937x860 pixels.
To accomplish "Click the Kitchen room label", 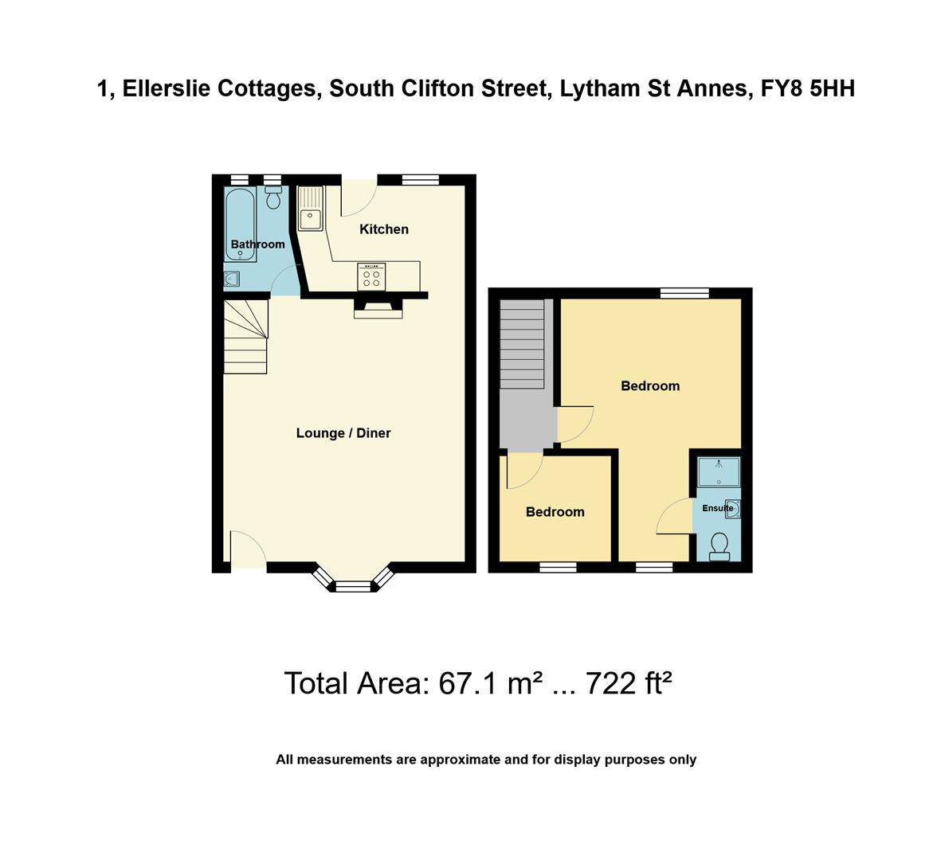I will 384,229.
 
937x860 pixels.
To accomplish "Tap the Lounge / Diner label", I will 343,433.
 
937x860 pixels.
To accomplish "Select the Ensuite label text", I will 717,508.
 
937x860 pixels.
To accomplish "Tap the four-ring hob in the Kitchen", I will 371,277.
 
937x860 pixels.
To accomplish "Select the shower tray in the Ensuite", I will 719,471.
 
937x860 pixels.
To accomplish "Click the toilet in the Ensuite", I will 719,545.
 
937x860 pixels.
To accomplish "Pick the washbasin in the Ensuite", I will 732,509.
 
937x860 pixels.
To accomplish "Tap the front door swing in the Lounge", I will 247,549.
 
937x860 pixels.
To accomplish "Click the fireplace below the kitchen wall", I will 378,309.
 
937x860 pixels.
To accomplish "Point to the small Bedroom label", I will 555,512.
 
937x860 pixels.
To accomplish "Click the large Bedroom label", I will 650,386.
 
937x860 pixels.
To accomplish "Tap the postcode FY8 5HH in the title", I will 807,88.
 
